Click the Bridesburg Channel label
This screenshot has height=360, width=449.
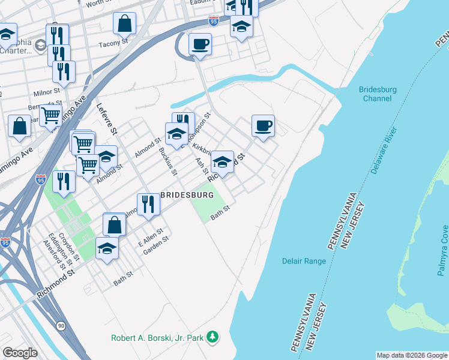[x=378, y=94]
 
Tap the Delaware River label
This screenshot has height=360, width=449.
[x=384, y=151]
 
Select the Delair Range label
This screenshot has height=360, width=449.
[x=304, y=261]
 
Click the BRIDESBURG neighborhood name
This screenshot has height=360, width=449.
[x=186, y=196]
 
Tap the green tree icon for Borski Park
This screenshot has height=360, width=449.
[x=212, y=338]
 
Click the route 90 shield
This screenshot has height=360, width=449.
[x=61, y=325]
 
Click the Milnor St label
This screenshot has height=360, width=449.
[x=47, y=92]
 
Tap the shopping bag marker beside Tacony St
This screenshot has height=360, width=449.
[x=125, y=24]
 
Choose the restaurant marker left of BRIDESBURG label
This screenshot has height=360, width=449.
[x=148, y=204]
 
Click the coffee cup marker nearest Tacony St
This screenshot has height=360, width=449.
[x=200, y=44]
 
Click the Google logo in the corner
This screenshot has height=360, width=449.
[x=20, y=353]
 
